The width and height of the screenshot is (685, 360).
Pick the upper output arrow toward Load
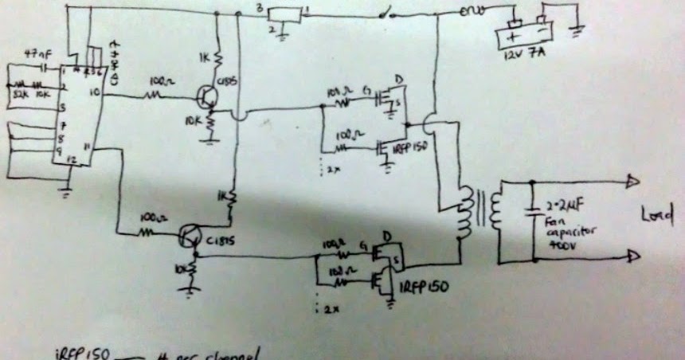click(x=632, y=182)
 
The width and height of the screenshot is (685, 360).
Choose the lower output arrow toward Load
click(x=632, y=256)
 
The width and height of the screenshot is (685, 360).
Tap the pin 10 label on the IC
click(x=96, y=92)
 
